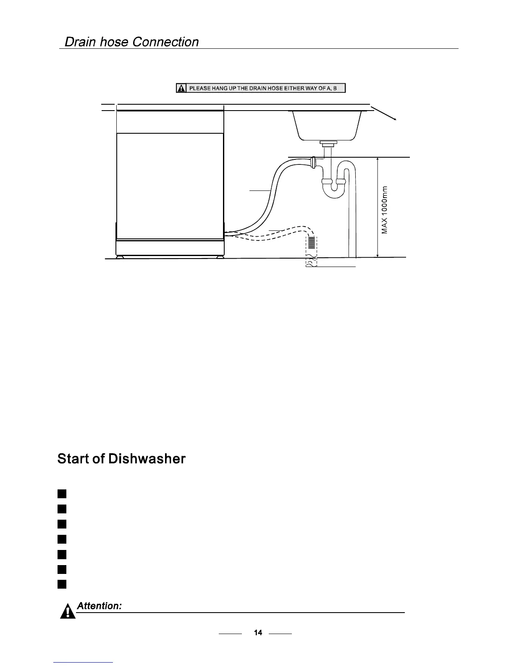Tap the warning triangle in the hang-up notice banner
tap(181, 88)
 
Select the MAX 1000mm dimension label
tap(385, 209)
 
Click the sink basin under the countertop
tap(327, 124)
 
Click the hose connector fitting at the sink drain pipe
tap(313, 162)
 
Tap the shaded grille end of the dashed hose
tap(311, 243)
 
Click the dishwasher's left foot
tap(121, 256)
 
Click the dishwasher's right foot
tap(220, 256)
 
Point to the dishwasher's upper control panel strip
tap(170, 122)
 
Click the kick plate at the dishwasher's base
tap(170, 247)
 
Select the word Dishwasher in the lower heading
tap(147, 458)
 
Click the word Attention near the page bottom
tap(100, 606)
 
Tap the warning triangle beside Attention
tap(68, 611)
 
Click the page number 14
tap(258, 632)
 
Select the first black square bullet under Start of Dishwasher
tap(62, 493)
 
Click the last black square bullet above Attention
tap(62, 584)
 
